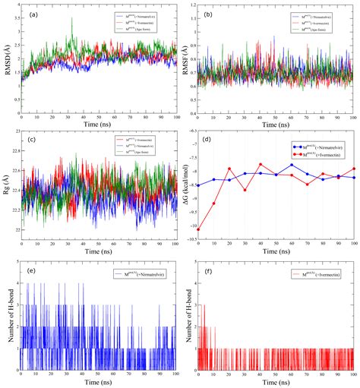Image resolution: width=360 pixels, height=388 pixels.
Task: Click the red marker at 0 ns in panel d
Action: pos(199,226)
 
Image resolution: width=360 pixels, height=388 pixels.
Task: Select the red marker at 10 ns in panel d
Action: pos(214,203)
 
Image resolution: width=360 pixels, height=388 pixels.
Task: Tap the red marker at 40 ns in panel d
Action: pos(261,165)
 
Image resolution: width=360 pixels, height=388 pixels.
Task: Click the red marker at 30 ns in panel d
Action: pos(245,190)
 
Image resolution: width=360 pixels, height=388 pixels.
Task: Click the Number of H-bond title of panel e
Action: pos(7,311)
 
